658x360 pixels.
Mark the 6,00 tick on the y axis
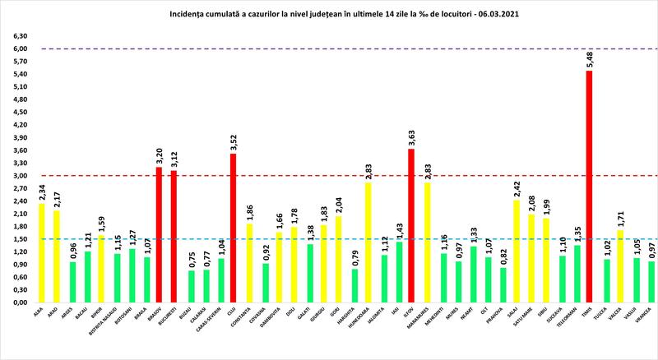[17, 48]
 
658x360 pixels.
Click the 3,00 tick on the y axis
[17, 175]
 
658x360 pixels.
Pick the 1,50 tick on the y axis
[17, 238]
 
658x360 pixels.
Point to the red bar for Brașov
[159, 234]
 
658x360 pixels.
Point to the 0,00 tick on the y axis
[17, 302]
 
